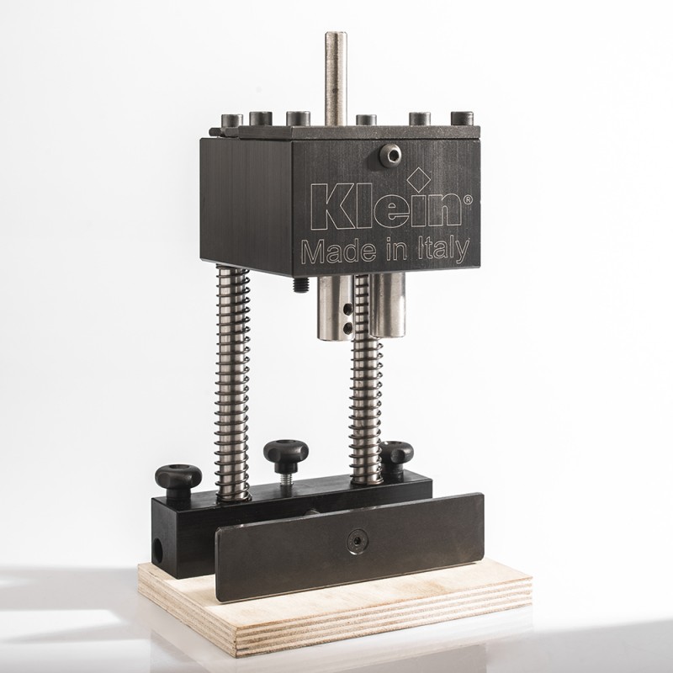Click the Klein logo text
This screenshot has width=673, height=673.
click(x=386, y=208)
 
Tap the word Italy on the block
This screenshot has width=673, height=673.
click(x=444, y=250)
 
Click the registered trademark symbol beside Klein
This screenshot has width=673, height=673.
click(x=468, y=200)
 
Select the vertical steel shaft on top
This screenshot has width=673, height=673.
click(x=336, y=78)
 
